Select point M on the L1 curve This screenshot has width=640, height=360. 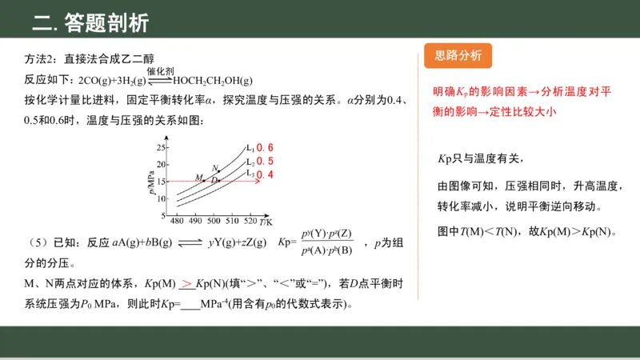[203, 181]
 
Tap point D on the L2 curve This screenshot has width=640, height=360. [219, 181]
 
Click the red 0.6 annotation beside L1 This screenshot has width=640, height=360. [265, 148]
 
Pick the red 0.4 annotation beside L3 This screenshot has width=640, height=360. [265, 174]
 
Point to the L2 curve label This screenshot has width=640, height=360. [250, 161]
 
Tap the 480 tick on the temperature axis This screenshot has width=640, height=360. [178, 221]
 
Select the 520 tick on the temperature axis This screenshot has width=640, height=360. [250, 221]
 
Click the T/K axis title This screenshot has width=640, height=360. [266, 221]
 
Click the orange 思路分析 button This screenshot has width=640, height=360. [458, 55]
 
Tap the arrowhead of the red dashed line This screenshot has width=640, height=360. [258, 182]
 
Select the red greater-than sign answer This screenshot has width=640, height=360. [186, 282]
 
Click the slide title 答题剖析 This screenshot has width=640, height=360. [90, 22]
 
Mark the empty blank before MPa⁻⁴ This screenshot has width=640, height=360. [190, 304]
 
